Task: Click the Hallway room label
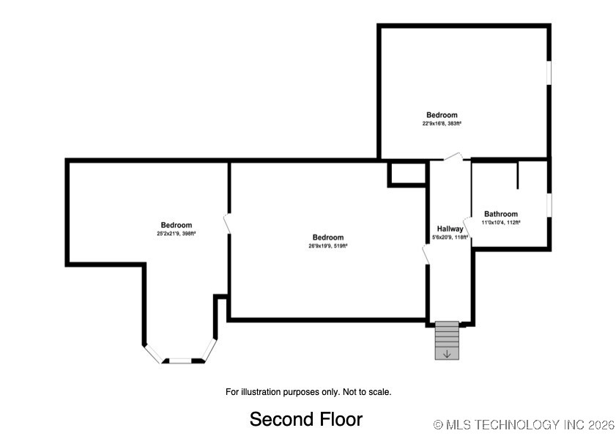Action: click(x=450, y=229)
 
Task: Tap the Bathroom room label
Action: click(x=500, y=214)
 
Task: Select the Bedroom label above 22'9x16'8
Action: click(x=442, y=115)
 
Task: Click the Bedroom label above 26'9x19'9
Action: click(x=327, y=237)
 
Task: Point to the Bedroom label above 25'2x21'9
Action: click(x=176, y=225)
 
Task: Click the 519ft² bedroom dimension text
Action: click(x=327, y=246)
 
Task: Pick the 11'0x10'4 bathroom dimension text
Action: click(x=500, y=223)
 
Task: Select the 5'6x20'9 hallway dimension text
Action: click(x=450, y=237)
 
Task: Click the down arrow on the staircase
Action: click(x=447, y=354)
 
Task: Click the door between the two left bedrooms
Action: click(x=228, y=224)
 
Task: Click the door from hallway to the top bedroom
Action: click(x=453, y=157)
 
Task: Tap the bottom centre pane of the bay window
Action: click(x=181, y=361)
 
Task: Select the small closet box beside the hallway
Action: click(x=407, y=174)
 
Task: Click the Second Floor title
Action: click(x=305, y=419)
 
